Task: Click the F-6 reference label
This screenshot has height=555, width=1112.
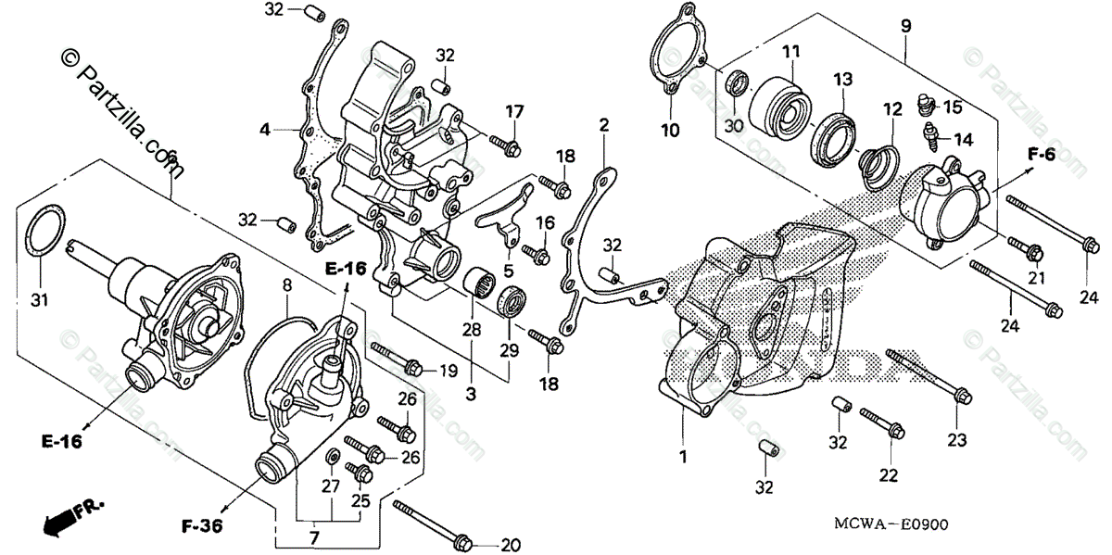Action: click(1042, 155)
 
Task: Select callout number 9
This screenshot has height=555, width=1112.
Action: click(905, 27)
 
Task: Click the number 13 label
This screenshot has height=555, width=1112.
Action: click(841, 80)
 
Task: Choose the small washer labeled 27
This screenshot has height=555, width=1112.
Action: click(331, 458)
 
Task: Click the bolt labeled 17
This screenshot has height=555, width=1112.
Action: click(506, 145)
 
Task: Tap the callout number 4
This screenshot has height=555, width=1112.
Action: click(265, 131)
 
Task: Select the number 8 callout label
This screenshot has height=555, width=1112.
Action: click(287, 284)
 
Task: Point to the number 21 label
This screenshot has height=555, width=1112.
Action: click(1036, 280)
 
